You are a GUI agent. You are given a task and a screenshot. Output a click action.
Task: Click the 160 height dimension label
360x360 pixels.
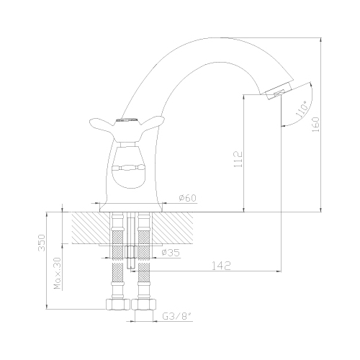(316, 124)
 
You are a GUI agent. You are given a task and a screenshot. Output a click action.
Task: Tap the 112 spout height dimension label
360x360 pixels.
(238, 159)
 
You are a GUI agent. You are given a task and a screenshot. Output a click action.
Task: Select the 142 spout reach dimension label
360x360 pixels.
(222, 266)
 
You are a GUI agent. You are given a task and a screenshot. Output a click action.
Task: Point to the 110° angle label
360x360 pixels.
(302, 109)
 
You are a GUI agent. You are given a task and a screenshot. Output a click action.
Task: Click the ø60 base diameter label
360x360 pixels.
(187, 198)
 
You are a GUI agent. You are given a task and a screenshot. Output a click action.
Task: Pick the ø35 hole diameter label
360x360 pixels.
(171, 253)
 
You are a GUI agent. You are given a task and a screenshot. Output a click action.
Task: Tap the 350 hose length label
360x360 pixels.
(42, 243)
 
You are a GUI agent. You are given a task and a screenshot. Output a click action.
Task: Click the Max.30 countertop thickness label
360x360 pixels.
(58, 273)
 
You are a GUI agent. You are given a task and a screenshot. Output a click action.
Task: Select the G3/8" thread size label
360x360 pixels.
(178, 317)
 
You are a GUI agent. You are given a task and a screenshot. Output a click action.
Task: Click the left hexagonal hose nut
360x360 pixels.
(118, 304)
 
